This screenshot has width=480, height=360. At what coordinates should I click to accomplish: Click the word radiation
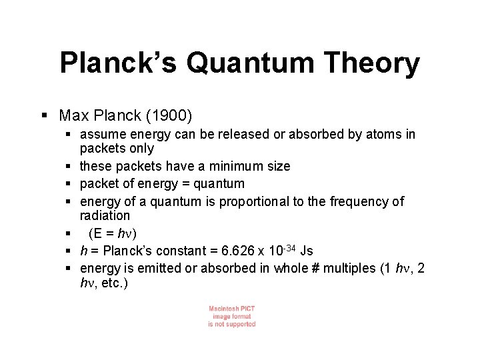click(x=105, y=215)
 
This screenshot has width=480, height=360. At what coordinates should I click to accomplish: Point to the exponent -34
click(x=287, y=248)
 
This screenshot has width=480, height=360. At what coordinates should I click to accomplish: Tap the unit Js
click(x=307, y=251)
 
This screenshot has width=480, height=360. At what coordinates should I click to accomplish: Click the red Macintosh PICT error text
click(x=231, y=316)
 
